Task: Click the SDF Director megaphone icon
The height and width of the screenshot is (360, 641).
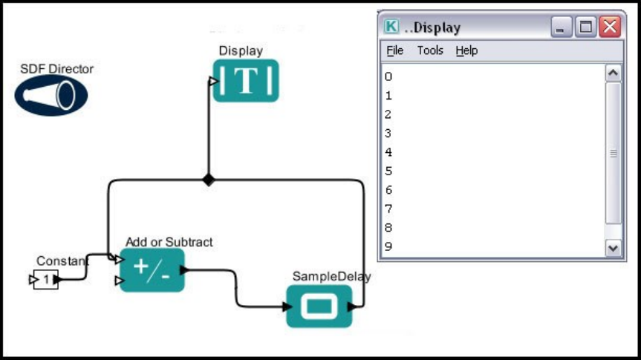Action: (51, 95)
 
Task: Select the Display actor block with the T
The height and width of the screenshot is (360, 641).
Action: (246, 80)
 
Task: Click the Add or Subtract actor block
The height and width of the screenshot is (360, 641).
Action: (152, 270)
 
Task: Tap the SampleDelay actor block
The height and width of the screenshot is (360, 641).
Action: (319, 305)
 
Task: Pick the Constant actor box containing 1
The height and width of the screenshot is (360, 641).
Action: (46, 280)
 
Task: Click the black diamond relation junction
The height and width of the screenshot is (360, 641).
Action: (208, 180)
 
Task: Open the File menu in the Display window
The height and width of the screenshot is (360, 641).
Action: (395, 50)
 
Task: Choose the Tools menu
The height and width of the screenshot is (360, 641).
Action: (430, 50)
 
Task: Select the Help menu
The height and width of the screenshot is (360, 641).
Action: (466, 50)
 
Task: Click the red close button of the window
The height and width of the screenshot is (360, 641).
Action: (610, 27)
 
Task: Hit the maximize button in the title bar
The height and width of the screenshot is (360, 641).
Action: (586, 27)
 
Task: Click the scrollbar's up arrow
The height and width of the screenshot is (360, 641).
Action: (613, 73)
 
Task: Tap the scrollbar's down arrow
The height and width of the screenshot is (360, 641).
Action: (613, 248)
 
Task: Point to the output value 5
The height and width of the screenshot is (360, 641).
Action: (389, 171)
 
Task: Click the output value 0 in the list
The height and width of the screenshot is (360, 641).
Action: (389, 76)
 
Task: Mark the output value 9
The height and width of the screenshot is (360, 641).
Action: (389, 246)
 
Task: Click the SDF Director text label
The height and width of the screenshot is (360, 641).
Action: (57, 69)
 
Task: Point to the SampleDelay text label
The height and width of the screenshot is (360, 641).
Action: (331, 276)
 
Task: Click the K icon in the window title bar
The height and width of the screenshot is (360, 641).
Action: (391, 27)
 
